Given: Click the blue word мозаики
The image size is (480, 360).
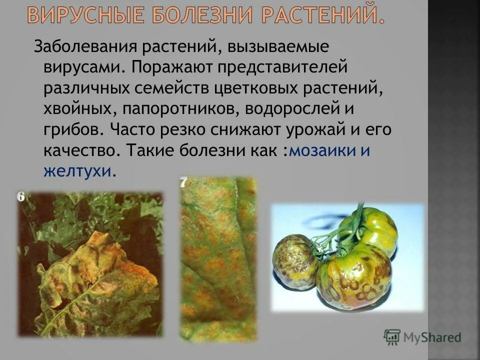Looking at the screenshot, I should click(x=322, y=150).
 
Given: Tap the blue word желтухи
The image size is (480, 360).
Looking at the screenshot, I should click(x=79, y=171).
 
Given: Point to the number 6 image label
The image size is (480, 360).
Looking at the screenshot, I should click(x=20, y=197).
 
